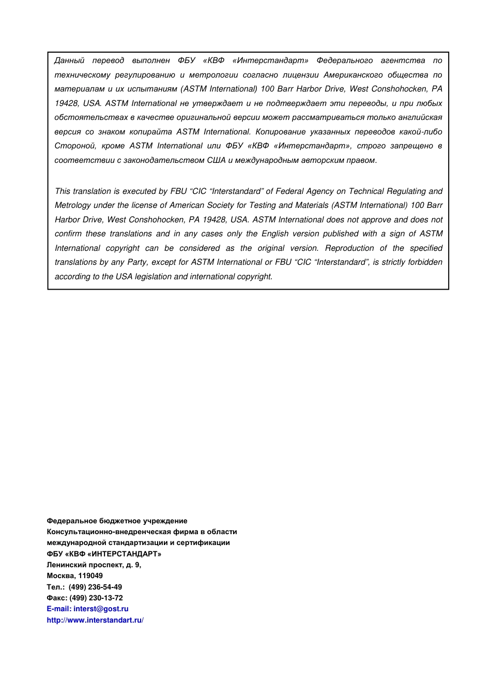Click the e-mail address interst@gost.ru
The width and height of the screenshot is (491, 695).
(101, 609)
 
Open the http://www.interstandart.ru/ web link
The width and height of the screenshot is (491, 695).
(95, 620)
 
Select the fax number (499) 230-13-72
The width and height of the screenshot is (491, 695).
(96, 598)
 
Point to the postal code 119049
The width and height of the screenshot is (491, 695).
(90, 576)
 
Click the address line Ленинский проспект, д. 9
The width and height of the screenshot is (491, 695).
(94, 565)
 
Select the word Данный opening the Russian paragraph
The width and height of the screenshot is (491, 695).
(69, 61)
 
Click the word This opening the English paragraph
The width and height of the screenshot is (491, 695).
(64, 191)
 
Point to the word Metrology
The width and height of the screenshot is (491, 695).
(72, 205)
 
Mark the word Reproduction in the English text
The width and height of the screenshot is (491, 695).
(349, 248)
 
